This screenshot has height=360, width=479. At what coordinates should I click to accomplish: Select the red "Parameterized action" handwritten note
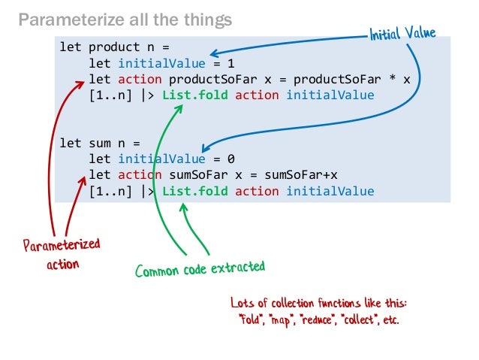pos(61,255)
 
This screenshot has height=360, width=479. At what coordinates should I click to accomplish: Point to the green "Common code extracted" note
pos(200,268)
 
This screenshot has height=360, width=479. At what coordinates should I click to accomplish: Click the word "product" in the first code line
pos(111,47)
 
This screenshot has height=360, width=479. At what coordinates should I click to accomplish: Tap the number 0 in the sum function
pos(232,159)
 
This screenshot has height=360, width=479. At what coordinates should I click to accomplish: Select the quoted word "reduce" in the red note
pos(321,318)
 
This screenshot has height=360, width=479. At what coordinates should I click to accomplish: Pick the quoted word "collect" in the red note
pos(367,318)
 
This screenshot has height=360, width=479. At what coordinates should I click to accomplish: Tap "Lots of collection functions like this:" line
pos(319,303)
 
